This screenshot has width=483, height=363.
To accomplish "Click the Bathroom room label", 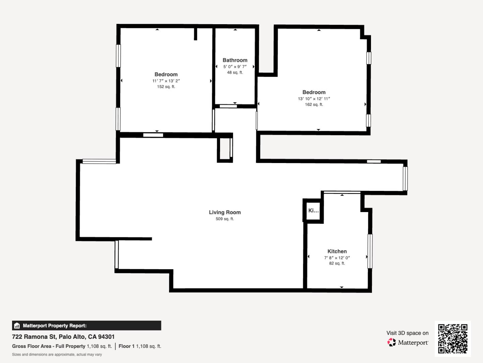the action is tap(235, 60).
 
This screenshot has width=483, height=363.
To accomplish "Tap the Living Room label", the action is tap(225, 212).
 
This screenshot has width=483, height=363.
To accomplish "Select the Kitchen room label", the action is tap(337, 251).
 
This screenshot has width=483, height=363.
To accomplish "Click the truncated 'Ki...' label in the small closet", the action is tap(313, 210).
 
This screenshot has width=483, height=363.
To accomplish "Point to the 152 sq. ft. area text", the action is tap(166, 87).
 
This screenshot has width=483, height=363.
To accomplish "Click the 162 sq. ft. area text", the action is tap(314, 105).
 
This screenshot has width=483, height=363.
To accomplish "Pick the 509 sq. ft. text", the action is tap(225, 219).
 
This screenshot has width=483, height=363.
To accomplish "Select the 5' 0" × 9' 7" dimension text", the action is tap(235, 67).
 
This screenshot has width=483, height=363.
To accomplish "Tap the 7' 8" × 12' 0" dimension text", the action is tap(337, 258).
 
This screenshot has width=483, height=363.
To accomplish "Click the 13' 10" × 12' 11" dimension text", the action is tap(314, 99).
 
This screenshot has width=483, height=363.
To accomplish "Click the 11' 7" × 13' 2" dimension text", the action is tap(166, 81).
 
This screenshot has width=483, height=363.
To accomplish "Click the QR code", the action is tap(452, 338).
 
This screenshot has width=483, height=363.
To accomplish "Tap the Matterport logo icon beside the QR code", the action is tap(391, 342).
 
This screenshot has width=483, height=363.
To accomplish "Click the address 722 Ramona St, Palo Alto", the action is tap(63, 337).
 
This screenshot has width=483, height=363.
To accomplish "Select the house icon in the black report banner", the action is tap(17, 326).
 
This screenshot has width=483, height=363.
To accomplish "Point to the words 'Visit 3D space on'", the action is tap(407, 333).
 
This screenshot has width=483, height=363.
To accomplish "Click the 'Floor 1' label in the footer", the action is tap(126, 346).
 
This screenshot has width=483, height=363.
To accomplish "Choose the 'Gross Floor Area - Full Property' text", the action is tap(49, 346).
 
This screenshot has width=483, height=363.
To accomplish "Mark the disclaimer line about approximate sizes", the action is tap(57, 354).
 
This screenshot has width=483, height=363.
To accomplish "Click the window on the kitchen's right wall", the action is tap(370, 251).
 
